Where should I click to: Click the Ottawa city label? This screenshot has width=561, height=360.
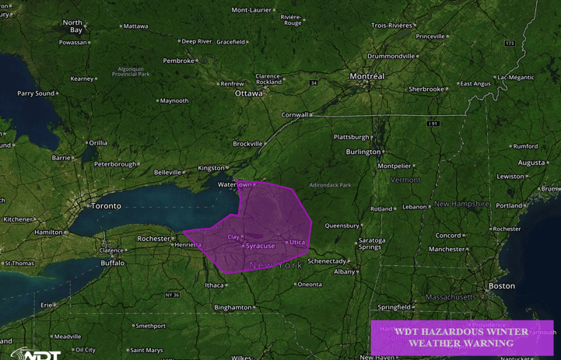click(x=249, y=93)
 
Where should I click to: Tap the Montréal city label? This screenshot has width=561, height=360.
click(x=366, y=76)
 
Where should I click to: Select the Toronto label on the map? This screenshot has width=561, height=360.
click(x=106, y=206)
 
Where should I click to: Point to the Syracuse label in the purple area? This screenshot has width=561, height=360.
click(x=260, y=246)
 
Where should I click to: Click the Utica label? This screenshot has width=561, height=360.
click(x=297, y=243)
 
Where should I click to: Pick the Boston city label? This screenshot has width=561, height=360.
click(x=502, y=286)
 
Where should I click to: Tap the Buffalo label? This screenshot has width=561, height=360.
click(x=113, y=263)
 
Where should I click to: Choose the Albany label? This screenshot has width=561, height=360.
click(x=344, y=271)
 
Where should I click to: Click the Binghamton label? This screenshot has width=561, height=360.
click(x=233, y=307)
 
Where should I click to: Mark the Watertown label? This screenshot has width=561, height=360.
click(x=235, y=185)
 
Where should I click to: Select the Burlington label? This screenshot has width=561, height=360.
click(x=363, y=152)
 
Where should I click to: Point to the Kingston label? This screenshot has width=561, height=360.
click(x=211, y=168)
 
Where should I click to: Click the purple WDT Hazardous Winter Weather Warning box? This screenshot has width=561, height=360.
click(x=461, y=337)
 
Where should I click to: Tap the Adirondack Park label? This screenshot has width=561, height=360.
click(x=330, y=185)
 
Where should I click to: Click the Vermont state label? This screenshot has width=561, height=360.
click(x=405, y=180)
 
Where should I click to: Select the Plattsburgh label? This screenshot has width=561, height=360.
click(x=351, y=137)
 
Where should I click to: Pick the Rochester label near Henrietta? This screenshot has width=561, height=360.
click(x=153, y=239)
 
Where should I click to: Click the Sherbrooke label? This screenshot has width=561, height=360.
click(x=426, y=89)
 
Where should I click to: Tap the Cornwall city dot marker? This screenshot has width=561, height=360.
click(x=311, y=115)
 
